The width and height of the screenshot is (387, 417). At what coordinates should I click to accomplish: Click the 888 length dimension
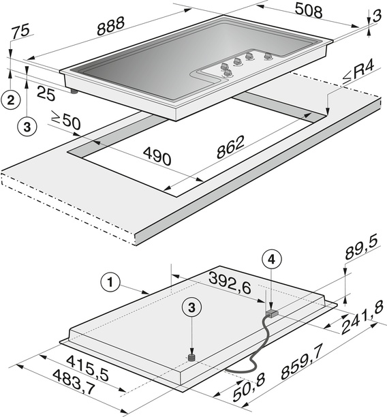tap(111, 26)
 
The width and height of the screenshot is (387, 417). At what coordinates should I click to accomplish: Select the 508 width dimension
tap(309, 11)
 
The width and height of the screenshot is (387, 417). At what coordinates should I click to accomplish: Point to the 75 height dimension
tap(20, 31)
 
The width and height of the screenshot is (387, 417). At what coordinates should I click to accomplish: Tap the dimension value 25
tap(46, 93)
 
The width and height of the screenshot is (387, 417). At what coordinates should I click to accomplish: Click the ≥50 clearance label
tap(65, 121)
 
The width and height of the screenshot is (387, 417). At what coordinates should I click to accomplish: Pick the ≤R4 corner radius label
tap(358, 72)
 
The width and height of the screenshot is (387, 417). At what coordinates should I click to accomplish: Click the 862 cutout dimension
tap(230, 147)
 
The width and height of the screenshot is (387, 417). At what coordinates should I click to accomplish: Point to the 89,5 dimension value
tap(362, 248)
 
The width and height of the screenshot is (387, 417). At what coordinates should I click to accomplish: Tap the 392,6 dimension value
tap(230, 283)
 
